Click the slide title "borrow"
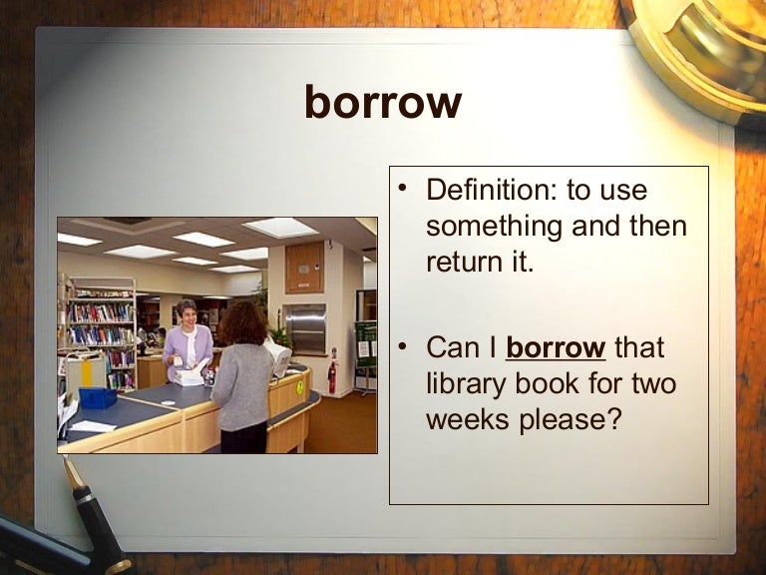pyautogui.click(x=383, y=102)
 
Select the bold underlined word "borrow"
pyautogui.click(x=556, y=348)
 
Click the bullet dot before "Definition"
pyautogui.click(x=402, y=189)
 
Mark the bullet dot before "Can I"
pyautogui.click(x=402, y=347)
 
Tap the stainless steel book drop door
pyautogui.click(x=304, y=327)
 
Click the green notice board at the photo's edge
pyautogui.click(x=366, y=343)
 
